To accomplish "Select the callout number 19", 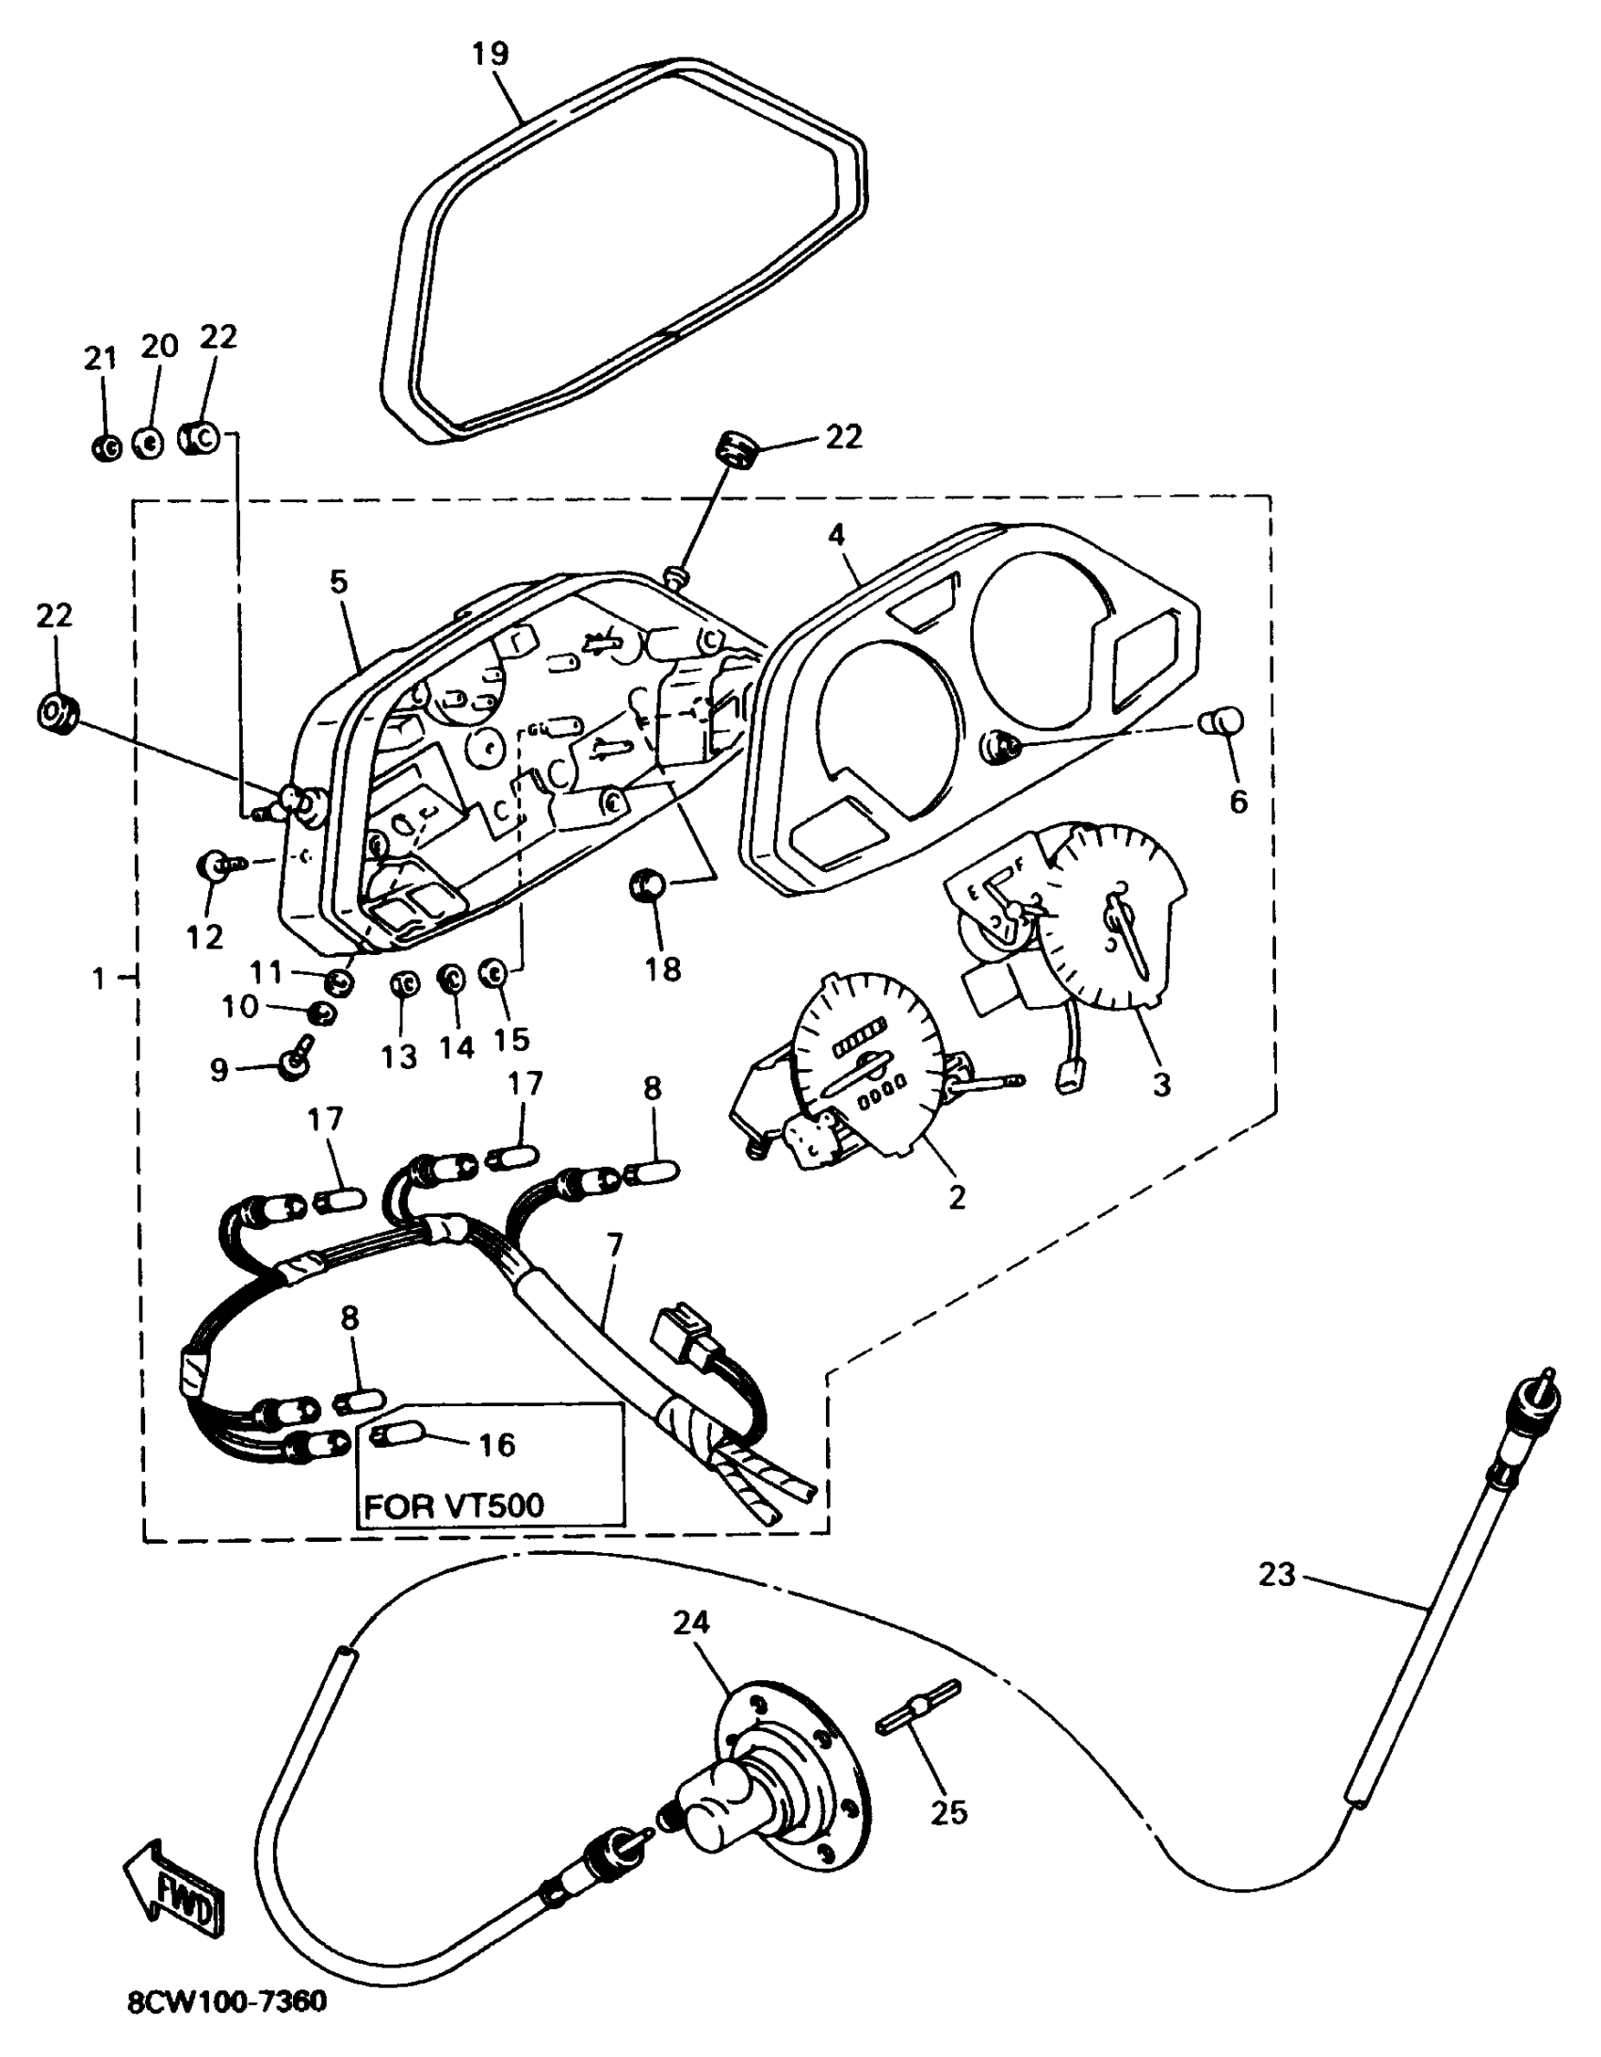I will [490, 54].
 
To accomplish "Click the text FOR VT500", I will [454, 1504].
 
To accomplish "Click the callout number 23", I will [1277, 1574].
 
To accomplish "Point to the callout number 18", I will [663, 968].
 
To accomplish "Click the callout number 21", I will [101, 358].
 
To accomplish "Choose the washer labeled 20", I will [146, 440].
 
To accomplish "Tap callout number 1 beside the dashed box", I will [99, 979].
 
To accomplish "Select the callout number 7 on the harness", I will [615, 1245].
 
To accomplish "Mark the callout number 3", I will [1161, 1083].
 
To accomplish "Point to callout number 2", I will [957, 1196].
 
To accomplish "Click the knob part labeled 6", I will [1221, 722].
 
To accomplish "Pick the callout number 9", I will [218, 1069].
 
